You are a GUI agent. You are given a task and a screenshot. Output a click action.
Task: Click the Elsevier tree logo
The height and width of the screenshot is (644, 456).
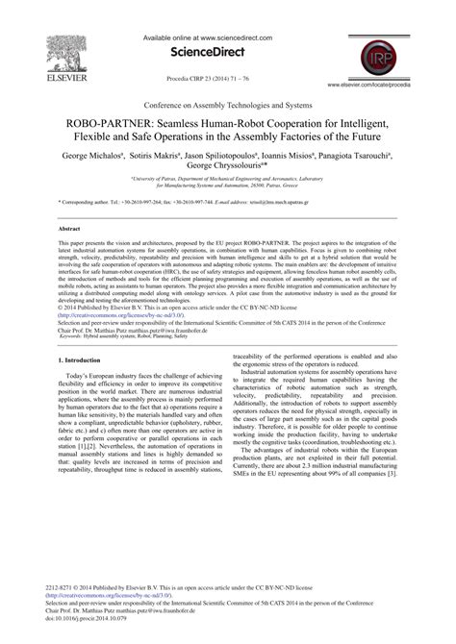(x=36, y=36)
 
